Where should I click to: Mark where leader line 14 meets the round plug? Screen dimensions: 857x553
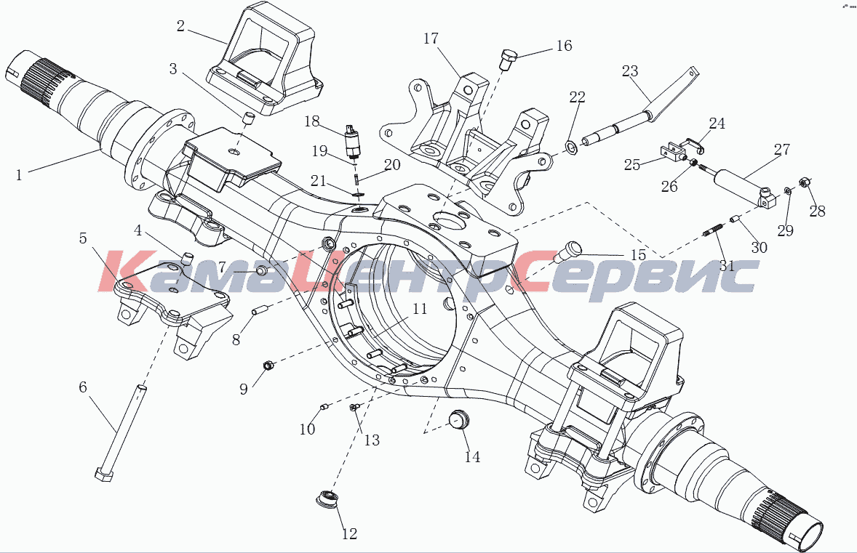tap(463, 427)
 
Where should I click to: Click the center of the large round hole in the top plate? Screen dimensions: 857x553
tap(447, 225)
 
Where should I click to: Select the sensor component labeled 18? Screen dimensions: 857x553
tap(351, 142)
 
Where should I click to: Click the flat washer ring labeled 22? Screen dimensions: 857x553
tap(570, 147)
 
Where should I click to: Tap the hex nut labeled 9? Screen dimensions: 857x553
tap(268, 366)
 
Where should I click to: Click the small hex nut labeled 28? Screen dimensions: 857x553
tap(804, 182)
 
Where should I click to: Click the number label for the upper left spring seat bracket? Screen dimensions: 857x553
tap(180, 26)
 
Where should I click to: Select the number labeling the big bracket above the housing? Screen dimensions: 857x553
tap(431, 39)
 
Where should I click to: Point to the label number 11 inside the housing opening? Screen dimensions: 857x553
tap(419, 309)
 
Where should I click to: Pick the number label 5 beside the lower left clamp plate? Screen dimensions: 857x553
tap(83, 238)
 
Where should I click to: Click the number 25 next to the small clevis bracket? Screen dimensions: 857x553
tap(631, 165)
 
